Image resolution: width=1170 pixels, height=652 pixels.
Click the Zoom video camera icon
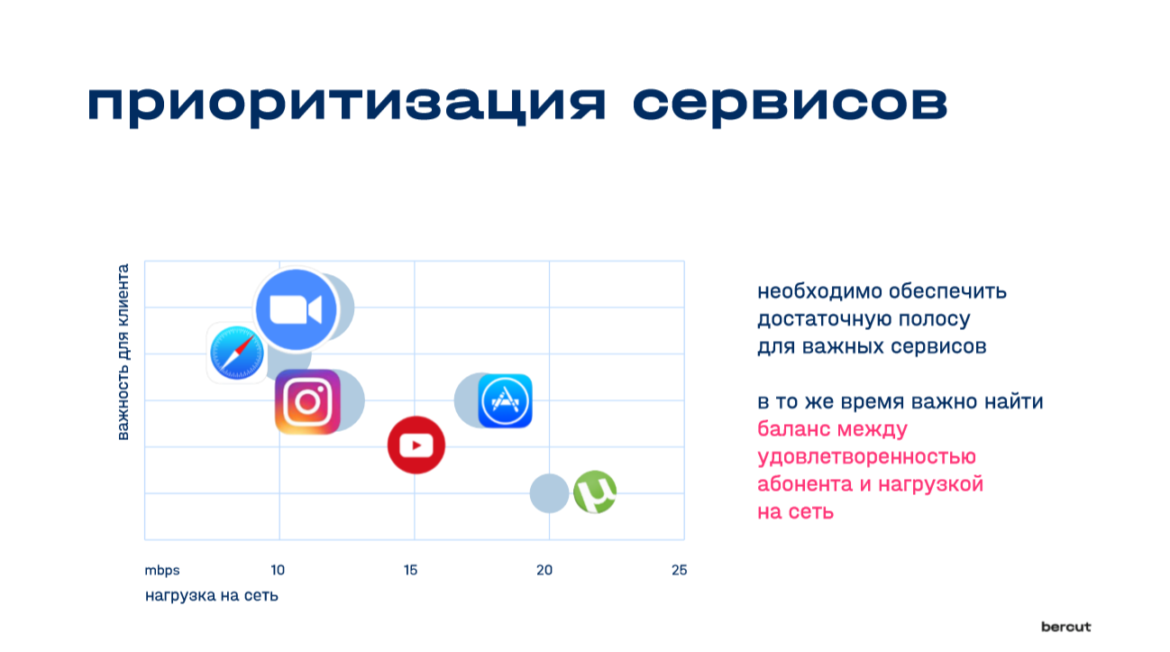coord(297,309)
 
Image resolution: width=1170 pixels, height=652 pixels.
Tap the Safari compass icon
coord(237,353)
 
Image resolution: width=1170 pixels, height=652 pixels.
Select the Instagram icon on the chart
coord(307,402)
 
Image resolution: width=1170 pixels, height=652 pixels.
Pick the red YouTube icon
coord(416,445)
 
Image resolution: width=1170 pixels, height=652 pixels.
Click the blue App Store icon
coord(505,401)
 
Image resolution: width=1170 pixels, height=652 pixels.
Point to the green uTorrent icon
coord(595,492)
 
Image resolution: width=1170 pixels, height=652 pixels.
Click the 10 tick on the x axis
coord(278,570)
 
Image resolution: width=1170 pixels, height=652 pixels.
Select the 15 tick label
coord(410,570)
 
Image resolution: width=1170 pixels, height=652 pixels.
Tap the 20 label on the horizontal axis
coord(544,570)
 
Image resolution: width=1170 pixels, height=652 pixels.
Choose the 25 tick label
coord(679,570)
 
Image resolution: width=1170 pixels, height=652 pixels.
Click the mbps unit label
coord(162,571)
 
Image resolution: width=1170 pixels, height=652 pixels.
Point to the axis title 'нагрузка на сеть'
coord(212,595)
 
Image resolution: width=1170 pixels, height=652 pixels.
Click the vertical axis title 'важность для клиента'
coord(123,352)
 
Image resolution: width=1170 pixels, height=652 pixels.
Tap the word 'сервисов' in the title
coord(790,105)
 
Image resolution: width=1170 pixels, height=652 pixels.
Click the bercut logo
coord(1066,627)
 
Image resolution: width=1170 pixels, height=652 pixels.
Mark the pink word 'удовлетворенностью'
coord(866,457)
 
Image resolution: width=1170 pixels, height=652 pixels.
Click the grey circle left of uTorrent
coord(549,493)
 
